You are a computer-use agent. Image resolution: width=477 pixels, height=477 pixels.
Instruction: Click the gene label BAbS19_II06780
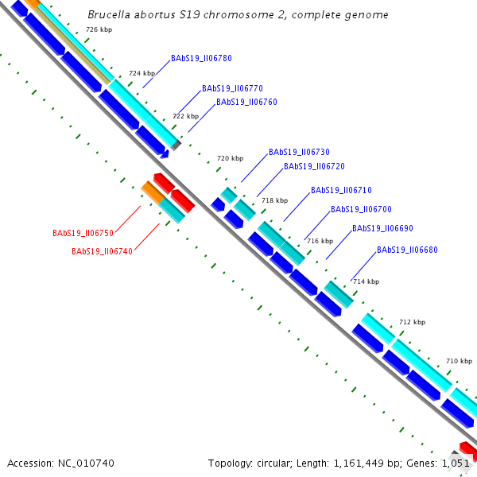pyautogui.click(x=201, y=59)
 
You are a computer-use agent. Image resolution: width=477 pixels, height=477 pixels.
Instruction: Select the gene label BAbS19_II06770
pyautogui.click(x=232, y=89)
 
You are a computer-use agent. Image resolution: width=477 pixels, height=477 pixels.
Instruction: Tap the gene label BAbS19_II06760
pyautogui.click(x=246, y=103)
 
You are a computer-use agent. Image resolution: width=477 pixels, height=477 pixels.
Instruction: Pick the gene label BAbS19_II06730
pyautogui.click(x=299, y=152)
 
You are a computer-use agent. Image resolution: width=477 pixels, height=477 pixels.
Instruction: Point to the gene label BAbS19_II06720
pyautogui.click(x=314, y=167)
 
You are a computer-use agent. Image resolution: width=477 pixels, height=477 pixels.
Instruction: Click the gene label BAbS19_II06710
pyautogui.click(x=341, y=191)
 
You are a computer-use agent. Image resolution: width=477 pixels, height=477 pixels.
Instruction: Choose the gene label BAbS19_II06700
pyautogui.click(x=361, y=210)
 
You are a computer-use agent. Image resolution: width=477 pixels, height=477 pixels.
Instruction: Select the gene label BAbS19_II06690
pyautogui.click(x=382, y=229)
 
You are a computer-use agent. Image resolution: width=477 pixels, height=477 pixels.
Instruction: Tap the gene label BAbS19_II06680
pyautogui.click(x=407, y=250)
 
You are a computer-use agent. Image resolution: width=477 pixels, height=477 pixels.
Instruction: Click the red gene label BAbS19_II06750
pyautogui.click(x=83, y=234)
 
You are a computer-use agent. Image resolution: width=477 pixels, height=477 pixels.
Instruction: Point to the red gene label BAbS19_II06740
pyautogui.click(x=102, y=252)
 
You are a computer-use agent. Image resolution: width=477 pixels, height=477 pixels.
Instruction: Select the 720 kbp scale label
pyautogui.click(x=230, y=158)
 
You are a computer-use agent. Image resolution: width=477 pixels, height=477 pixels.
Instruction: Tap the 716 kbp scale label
pyautogui.click(x=320, y=241)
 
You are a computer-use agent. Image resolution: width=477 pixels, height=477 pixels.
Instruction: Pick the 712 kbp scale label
pyautogui.click(x=412, y=322)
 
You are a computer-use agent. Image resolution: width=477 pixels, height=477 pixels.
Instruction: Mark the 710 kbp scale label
pyautogui.click(x=459, y=361)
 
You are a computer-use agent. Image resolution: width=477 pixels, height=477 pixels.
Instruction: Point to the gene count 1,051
pyautogui.click(x=456, y=463)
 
